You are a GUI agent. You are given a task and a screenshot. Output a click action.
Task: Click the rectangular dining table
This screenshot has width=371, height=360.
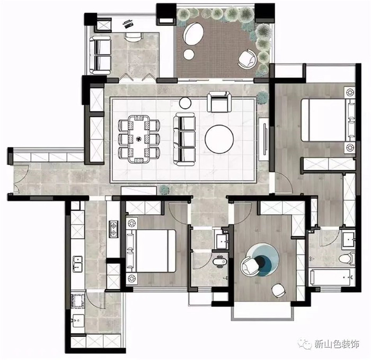139,139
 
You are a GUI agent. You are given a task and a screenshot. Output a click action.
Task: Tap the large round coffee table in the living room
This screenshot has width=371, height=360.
219,139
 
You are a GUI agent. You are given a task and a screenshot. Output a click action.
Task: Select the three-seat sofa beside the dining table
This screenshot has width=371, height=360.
184,139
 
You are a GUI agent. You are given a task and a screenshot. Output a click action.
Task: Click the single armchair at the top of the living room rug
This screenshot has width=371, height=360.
219,102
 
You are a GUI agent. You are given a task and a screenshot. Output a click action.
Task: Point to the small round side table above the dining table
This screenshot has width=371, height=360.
185,103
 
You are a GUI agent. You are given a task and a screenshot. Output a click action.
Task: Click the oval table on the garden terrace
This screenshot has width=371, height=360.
193,33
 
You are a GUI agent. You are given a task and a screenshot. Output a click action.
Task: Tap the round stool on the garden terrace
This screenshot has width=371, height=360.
189,55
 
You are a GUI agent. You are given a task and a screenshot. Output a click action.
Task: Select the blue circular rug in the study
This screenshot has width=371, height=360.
263,260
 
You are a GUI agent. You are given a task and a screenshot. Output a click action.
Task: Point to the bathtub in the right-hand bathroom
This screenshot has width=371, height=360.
332,277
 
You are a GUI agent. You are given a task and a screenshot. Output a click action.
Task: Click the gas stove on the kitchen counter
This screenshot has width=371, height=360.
113,229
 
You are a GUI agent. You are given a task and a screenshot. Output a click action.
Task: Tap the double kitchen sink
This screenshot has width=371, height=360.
77,264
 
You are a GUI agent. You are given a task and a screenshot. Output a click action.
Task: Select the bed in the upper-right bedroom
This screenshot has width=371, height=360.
328,120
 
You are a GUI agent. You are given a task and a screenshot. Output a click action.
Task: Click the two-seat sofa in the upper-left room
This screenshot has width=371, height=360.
100,55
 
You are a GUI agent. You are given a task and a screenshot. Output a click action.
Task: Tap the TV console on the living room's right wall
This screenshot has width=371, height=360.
263,139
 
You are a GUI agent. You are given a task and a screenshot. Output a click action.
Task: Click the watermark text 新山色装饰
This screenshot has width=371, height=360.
337,344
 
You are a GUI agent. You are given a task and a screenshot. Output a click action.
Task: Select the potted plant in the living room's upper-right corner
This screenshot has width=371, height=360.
262,97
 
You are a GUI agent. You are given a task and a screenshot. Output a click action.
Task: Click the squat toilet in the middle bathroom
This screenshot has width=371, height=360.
220,262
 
